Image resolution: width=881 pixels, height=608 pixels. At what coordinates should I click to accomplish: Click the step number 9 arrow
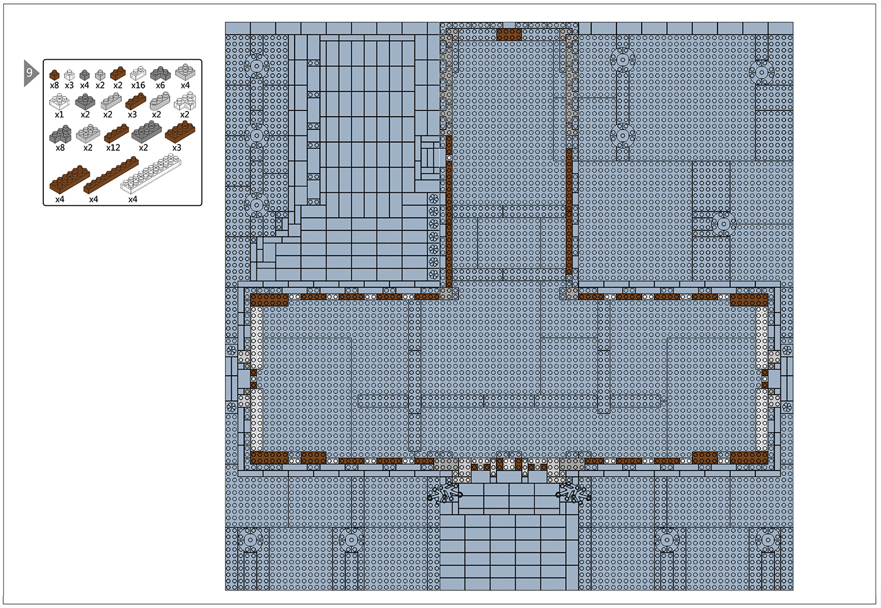(x=31, y=73)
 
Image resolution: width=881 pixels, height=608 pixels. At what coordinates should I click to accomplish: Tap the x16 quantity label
(x=138, y=85)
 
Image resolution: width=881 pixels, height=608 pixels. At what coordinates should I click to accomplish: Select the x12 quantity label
(x=113, y=148)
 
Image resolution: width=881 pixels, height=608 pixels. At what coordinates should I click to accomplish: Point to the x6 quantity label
(x=160, y=85)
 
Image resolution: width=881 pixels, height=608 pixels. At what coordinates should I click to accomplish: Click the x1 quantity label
(x=59, y=115)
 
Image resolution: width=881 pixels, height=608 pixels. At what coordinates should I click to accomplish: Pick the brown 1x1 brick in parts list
(x=54, y=75)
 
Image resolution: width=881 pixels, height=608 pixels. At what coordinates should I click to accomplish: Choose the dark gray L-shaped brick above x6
(x=160, y=73)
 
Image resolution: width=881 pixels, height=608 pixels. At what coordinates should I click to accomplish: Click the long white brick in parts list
(x=151, y=173)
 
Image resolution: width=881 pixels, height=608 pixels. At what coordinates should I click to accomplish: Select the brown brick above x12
(x=116, y=133)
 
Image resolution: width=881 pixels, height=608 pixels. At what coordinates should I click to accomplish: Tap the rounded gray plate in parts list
(x=160, y=101)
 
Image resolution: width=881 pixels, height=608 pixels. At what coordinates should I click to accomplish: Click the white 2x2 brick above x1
(x=60, y=101)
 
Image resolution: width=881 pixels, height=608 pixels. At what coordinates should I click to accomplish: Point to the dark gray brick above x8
(x=60, y=134)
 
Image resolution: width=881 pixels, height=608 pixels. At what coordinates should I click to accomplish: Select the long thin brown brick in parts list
(x=111, y=175)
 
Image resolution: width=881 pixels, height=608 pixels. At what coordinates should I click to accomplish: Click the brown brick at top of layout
(x=509, y=34)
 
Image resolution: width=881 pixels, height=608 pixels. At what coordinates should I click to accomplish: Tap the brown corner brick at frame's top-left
(x=270, y=300)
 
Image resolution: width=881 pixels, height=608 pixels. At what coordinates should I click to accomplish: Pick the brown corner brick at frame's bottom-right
(x=749, y=458)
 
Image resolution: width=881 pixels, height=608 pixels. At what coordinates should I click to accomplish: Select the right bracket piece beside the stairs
(x=574, y=494)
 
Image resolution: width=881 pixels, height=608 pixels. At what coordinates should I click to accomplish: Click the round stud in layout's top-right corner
(x=762, y=72)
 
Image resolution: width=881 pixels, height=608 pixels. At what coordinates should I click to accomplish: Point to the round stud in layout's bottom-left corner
(x=251, y=540)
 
